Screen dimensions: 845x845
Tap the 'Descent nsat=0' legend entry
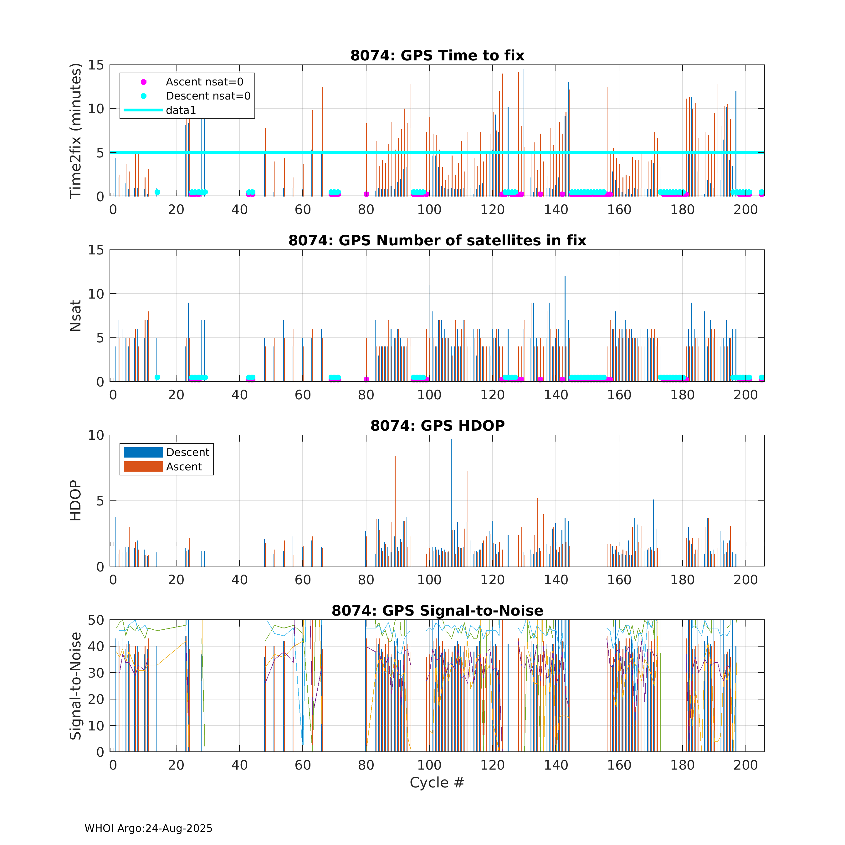pos(208,96)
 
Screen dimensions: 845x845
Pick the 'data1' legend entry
pos(181,110)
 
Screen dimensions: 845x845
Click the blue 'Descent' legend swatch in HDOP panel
pos(143,452)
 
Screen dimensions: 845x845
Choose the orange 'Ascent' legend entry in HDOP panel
pos(184,467)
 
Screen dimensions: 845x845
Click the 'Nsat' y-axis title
pos(76,315)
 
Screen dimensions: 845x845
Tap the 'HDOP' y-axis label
pos(76,500)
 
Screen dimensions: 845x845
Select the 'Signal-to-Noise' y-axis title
pos(76,686)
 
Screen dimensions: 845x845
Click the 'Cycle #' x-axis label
pos(437,782)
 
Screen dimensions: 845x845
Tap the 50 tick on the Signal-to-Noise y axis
pos(96,620)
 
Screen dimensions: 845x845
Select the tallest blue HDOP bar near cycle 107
pos(451,503)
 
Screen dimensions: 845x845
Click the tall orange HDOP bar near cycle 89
pos(395,512)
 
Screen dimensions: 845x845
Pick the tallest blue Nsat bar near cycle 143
pos(565,328)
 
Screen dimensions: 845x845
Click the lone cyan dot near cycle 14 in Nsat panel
pos(157,377)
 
